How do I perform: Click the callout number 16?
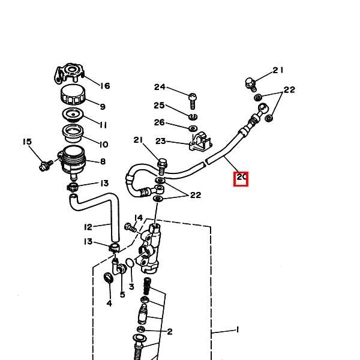[x=105, y=86]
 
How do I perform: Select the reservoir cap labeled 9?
[x=73, y=94]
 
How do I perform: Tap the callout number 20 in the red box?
[x=241, y=177]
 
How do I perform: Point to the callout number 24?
[x=160, y=87]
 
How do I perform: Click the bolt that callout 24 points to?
[x=193, y=101]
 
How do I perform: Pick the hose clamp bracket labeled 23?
[x=200, y=142]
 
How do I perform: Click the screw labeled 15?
[x=46, y=166]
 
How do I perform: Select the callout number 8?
[x=103, y=161]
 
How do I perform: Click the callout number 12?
[x=88, y=227]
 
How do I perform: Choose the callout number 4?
[x=109, y=303]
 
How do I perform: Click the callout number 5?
[x=122, y=295]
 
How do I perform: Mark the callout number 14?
[x=139, y=218]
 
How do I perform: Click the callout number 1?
[x=238, y=330]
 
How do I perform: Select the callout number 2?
[x=170, y=332]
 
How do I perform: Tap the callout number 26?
[x=160, y=122]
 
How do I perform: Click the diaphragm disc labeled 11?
[x=73, y=115]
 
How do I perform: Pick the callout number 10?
[x=104, y=145]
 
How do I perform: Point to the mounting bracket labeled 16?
[x=69, y=73]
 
